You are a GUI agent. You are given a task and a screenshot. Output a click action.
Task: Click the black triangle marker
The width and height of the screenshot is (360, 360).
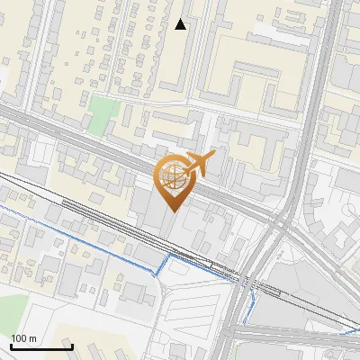click(181, 24)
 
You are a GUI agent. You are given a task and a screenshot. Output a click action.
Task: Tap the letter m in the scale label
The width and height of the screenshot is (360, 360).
click(32, 338)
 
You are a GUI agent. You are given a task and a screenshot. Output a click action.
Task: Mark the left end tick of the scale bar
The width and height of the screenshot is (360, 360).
click(10, 346)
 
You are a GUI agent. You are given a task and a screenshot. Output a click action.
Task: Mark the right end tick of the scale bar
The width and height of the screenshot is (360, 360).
click(72, 346)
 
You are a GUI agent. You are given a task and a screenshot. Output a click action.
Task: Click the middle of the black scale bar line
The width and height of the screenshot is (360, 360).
click(40, 347)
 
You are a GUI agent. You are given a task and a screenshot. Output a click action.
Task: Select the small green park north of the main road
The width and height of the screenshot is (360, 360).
click(103, 113)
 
